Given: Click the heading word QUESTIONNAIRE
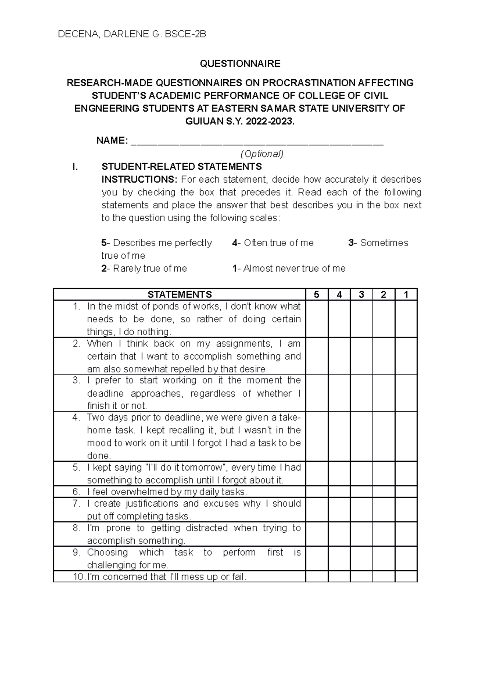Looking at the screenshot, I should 240,64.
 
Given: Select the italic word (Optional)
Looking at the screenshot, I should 262,154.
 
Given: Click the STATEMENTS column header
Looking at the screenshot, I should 180,295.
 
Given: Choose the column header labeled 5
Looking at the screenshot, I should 317,295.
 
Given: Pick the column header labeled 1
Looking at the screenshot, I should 406,295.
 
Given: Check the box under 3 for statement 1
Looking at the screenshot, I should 362,319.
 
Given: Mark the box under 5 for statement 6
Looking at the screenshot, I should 317,492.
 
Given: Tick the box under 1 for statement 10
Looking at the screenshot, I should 406,577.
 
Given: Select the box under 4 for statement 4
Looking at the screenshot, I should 339,436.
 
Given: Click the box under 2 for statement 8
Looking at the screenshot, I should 384,534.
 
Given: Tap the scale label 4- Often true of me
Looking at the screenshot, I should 273,243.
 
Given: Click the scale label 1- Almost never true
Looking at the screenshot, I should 289,269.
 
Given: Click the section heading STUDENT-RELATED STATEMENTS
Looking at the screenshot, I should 182,167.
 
